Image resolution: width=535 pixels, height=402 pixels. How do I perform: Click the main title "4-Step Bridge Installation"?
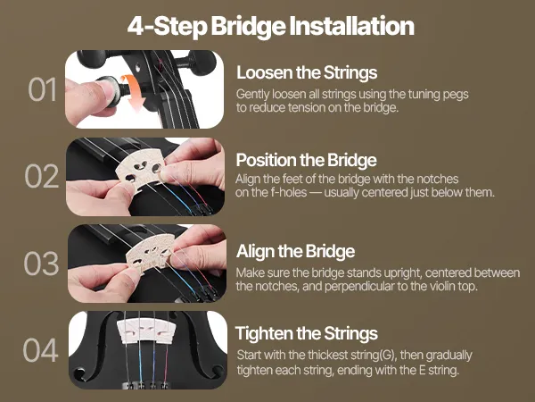pyautogui.click(x=270, y=26)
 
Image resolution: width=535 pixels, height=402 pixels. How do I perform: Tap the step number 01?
pyautogui.click(x=42, y=89)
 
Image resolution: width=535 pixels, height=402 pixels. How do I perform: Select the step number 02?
pyautogui.click(x=42, y=176)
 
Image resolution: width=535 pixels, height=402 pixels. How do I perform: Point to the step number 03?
pyautogui.click(x=41, y=264)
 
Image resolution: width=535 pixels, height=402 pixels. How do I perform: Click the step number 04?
pyautogui.click(x=40, y=350)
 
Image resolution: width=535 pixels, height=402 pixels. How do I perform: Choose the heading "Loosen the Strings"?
pyautogui.click(x=307, y=73)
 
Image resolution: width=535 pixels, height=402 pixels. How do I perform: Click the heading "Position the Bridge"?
pyautogui.click(x=306, y=160)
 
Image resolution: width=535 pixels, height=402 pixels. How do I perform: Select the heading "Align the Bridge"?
pyautogui.click(x=295, y=251)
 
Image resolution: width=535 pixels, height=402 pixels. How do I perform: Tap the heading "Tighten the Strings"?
pyautogui.click(x=307, y=333)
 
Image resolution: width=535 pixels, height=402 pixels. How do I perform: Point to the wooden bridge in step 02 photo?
pyautogui.click(x=140, y=172)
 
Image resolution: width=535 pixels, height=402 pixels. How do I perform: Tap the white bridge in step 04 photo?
pyautogui.click(x=147, y=331)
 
